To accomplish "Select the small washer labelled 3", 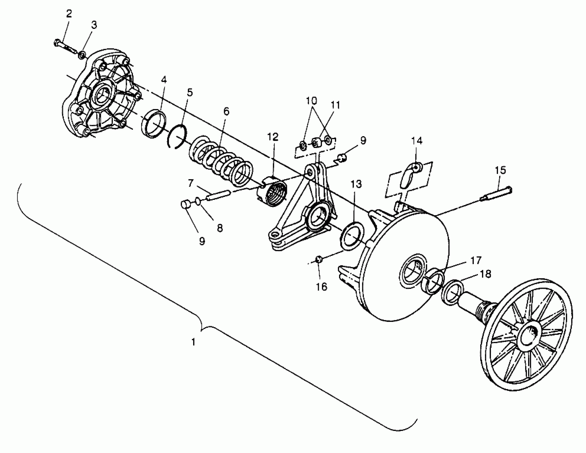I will (82, 55).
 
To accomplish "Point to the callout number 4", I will (164, 80).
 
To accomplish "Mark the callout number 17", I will (476, 260).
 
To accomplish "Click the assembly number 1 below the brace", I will (193, 342).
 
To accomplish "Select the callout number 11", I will (335, 105).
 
